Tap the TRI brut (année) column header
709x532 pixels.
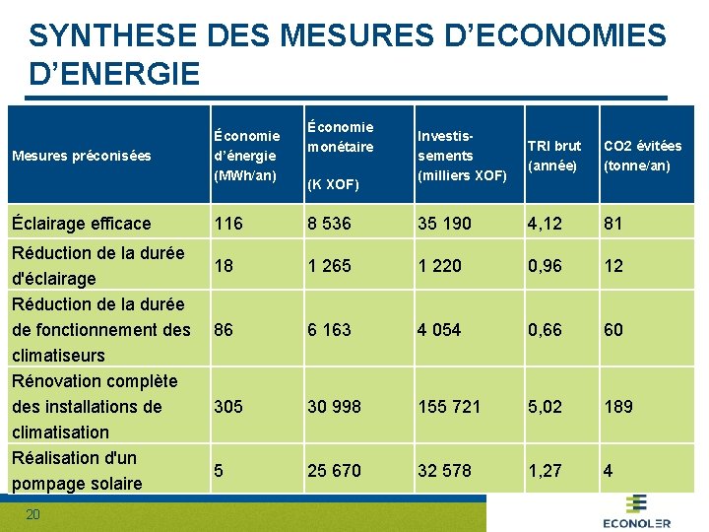pyautogui.click(x=554, y=156)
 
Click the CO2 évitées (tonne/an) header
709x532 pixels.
pyautogui.click(x=642, y=156)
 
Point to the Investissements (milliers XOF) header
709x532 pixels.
pyautogui.click(x=462, y=156)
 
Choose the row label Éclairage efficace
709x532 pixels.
pyautogui.click(x=81, y=224)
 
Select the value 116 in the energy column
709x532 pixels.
pyautogui.click(x=227, y=224)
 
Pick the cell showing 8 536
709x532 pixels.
pyautogui.click(x=329, y=224)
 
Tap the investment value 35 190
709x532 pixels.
pyautogui.click(x=444, y=224)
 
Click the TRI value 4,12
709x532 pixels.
pyautogui.click(x=545, y=224)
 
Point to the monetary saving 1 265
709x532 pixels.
pyautogui.click(x=329, y=266)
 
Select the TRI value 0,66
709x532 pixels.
pyautogui.click(x=545, y=330)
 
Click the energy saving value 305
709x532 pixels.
pyautogui.click(x=229, y=406)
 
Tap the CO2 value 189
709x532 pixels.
pyautogui.click(x=618, y=406)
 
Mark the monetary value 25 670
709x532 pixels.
pyautogui.click(x=334, y=471)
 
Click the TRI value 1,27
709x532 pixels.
pyautogui.click(x=545, y=471)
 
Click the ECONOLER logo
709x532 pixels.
pyautogui.click(x=636, y=512)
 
